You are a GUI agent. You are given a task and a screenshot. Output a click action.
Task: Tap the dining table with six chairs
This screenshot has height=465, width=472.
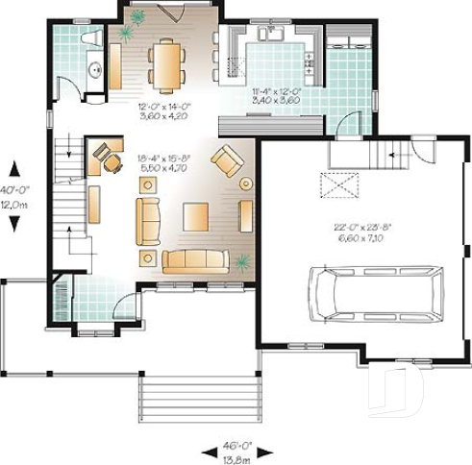(167, 64)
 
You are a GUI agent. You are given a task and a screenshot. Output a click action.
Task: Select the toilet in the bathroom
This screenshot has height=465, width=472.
(92, 38)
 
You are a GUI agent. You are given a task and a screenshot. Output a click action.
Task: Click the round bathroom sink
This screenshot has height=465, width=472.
(94, 70)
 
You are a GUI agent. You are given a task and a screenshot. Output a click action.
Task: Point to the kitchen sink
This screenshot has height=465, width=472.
(270, 35)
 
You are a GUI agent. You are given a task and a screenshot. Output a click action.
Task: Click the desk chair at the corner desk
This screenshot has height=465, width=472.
(112, 164)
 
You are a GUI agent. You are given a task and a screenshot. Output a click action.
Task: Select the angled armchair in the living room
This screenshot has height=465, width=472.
(229, 160)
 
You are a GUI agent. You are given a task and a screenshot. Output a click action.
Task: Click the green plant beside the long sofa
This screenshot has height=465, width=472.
(240, 260)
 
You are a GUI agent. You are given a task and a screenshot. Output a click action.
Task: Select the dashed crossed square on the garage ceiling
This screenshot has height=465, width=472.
(339, 184)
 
